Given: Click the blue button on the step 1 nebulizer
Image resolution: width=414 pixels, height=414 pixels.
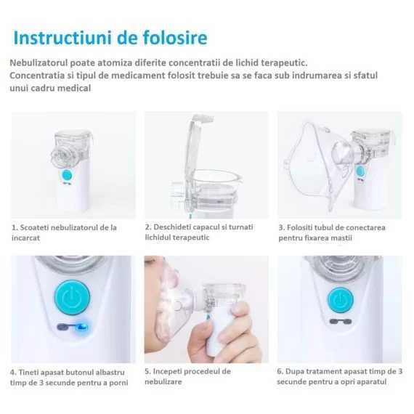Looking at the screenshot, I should coord(65,177).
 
